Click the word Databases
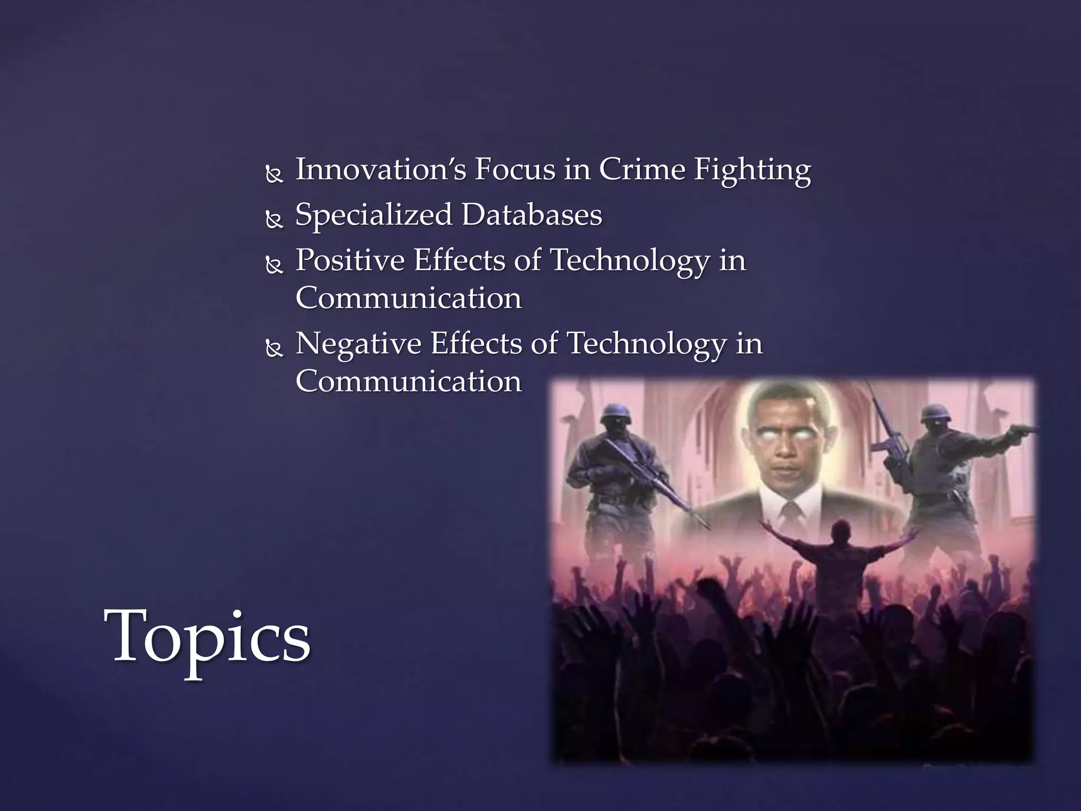click(x=532, y=215)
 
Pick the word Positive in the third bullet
click(x=350, y=260)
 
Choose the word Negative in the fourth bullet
click(x=358, y=344)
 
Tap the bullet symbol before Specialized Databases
click(x=274, y=219)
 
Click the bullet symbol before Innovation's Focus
click(x=274, y=174)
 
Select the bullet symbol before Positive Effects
click(x=274, y=265)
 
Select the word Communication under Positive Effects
click(x=409, y=298)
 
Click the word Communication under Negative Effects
click(x=409, y=381)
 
